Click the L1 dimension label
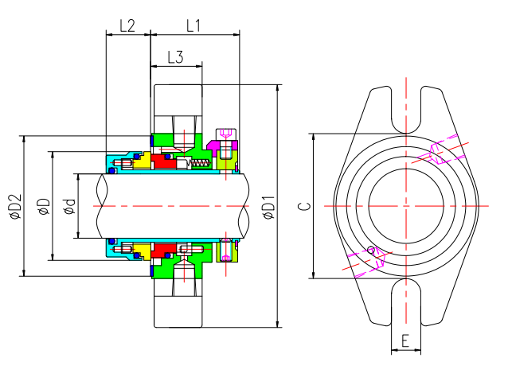point(193,25)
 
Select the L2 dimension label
point(127,25)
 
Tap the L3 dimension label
point(176,57)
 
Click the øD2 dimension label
point(14,207)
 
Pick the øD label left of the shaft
point(44,207)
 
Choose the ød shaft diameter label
point(69,207)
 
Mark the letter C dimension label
point(303,207)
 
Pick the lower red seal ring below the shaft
point(166,250)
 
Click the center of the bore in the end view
point(405,205)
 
